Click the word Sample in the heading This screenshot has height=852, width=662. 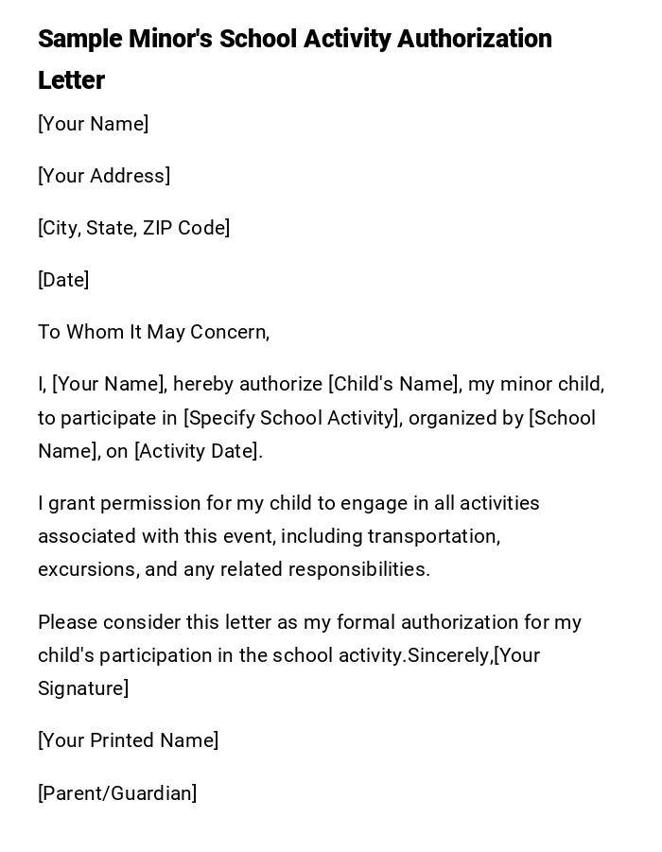click(x=80, y=39)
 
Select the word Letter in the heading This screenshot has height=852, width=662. click(x=71, y=80)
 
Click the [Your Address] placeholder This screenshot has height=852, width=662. click(x=104, y=176)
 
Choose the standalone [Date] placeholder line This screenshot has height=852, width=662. click(x=63, y=280)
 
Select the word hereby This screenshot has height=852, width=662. click(x=202, y=384)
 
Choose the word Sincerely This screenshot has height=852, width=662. click(x=449, y=655)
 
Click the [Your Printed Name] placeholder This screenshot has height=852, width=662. click(x=129, y=740)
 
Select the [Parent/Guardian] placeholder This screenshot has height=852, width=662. click(x=117, y=793)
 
